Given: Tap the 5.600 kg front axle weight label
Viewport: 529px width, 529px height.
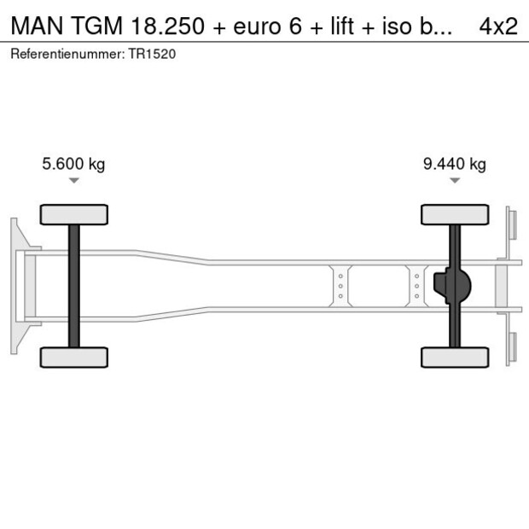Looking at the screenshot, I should click(73, 165).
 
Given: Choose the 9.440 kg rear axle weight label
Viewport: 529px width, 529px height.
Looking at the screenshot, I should click(454, 165).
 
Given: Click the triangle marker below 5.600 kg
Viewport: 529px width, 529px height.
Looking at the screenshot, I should click(74, 181).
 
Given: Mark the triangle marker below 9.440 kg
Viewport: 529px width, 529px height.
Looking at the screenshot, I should click(455, 181).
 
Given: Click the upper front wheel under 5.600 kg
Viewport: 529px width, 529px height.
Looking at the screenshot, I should click(74, 214).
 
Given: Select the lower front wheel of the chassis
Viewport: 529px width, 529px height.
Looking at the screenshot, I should click(74, 357).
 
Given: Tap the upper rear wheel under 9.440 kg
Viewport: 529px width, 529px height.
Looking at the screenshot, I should click(455, 214).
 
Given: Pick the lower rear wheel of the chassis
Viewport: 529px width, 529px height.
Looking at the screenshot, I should click(455, 357).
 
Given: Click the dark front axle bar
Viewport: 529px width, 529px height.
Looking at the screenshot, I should click(74, 286).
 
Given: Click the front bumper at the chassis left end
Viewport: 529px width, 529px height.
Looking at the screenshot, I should click(15, 286).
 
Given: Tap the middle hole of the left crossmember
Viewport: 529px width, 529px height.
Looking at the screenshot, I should click(340, 286).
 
